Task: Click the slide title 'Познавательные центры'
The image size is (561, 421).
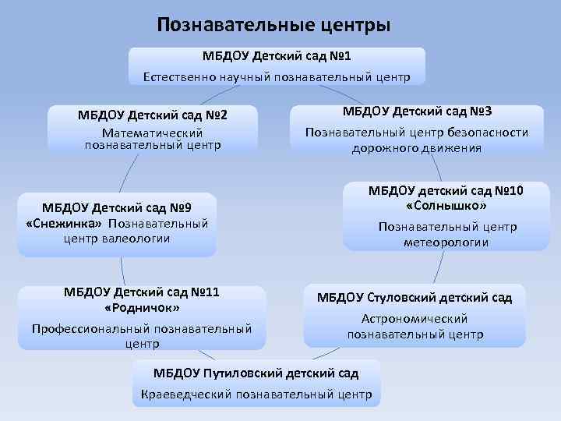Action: tap(273, 25)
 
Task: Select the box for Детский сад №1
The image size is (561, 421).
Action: tap(277, 65)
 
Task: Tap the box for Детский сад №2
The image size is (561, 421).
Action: tap(152, 129)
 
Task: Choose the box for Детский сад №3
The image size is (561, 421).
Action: tap(417, 128)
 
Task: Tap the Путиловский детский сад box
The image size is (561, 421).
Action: tap(256, 382)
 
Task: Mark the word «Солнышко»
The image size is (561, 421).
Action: tap(446, 207)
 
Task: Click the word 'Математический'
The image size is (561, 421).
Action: tap(153, 133)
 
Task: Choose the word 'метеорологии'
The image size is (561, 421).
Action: tap(446, 242)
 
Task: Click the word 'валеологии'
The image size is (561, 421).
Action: tap(136, 238)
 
